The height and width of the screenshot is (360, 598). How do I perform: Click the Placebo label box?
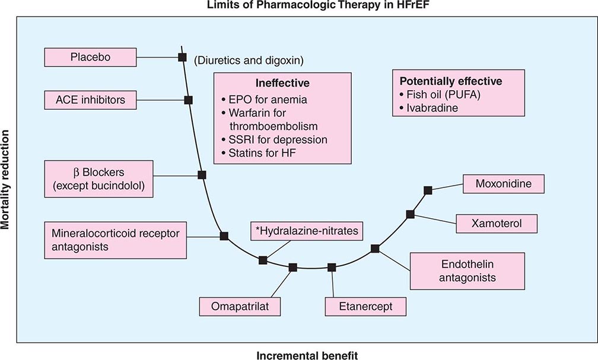pyautogui.click(x=86, y=58)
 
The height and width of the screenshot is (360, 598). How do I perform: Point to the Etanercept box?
pyautogui.click(x=366, y=307)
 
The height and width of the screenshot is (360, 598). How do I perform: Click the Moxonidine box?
pyautogui.click(x=503, y=184)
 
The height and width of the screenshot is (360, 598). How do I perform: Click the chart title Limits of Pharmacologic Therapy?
pyautogui.click(x=299, y=6)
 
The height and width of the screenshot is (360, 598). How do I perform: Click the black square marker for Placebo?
pyautogui.click(x=182, y=57)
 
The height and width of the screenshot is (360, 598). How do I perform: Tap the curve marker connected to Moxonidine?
pyautogui.click(x=428, y=190)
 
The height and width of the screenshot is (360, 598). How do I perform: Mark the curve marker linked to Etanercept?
pyautogui.click(x=332, y=267)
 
